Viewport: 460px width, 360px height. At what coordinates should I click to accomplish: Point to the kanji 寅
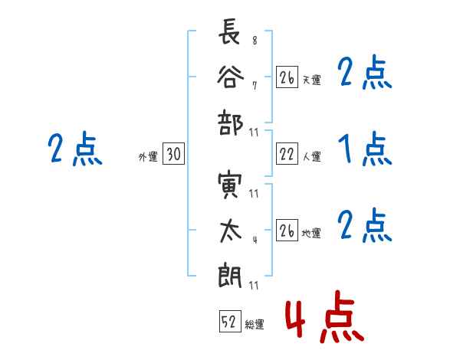(x=230, y=187)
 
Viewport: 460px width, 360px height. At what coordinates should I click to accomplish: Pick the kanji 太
(x=230, y=229)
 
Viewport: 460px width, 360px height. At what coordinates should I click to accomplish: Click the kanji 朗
(x=230, y=274)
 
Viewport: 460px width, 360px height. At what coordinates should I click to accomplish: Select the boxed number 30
(x=174, y=155)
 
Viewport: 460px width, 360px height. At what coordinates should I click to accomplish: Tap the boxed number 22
(x=287, y=155)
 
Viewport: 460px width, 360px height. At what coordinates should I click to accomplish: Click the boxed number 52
(x=229, y=322)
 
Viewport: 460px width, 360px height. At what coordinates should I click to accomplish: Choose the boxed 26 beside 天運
(x=287, y=77)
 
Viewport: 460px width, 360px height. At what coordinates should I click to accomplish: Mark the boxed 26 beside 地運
(x=287, y=231)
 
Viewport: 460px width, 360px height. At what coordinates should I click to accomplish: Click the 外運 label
(x=148, y=156)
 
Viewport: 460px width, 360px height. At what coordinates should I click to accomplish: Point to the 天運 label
(x=312, y=80)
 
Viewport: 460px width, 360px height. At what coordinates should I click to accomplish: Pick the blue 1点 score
(x=364, y=149)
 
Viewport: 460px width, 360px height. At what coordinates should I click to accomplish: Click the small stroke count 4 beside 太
(x=254, y=238)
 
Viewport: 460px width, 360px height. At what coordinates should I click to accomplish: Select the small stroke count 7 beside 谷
(x=254, y=85)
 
